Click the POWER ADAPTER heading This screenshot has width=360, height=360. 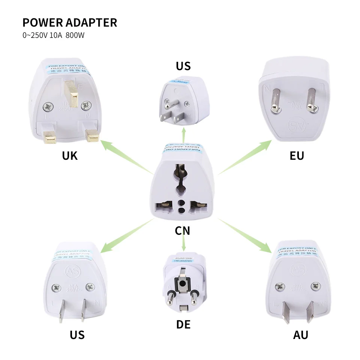click(x=70, y=22)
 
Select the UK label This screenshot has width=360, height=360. click(x=70, y=155)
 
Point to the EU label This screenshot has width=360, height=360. click(x=297, y=155)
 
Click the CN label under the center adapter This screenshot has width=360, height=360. click(x=183, y=231)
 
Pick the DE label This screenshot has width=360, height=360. click(x=183, y=324)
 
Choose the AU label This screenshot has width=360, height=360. click(x=300, y=334)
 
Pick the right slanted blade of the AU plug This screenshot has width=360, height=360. click(x=309, y=311)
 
